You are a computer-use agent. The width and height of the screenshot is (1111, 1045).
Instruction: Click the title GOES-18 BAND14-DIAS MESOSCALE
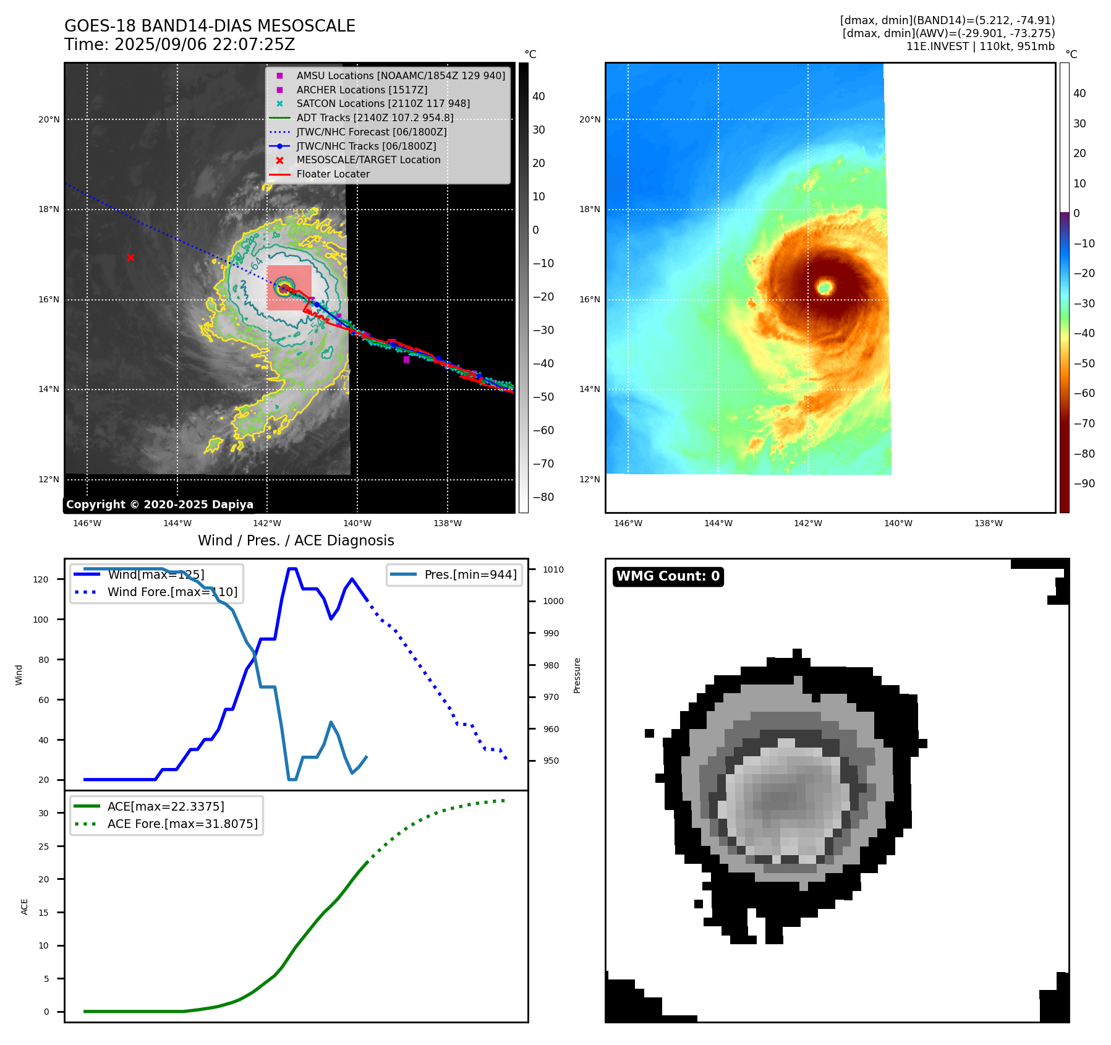(x=210, y=26)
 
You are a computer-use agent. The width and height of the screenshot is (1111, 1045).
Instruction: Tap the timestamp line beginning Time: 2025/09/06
(x=179, y=45)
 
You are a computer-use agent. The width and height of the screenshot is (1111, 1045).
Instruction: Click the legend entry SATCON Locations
(x=383, y=104)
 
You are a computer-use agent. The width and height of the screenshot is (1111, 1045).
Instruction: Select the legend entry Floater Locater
(x=333, y=174)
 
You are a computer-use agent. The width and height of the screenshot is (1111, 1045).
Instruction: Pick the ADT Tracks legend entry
(x=375, y=118)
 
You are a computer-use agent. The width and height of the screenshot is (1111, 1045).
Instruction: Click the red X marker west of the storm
(x=130, y=258)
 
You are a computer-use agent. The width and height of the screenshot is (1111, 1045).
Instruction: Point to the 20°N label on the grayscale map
(x=49, y=120)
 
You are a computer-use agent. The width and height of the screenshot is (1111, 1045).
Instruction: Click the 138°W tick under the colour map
(x=988, y=524)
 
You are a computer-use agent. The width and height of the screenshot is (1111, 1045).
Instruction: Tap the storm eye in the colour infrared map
(x=825, y=287)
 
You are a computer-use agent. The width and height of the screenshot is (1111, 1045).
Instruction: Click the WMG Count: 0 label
(x=668, y=576)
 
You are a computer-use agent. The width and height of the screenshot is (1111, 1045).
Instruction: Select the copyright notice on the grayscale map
(x=160, y=505)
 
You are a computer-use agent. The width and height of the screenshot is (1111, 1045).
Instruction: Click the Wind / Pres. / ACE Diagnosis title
(x=296, y=540)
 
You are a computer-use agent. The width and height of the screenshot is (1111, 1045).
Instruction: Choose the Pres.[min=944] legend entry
(x=470, y=574)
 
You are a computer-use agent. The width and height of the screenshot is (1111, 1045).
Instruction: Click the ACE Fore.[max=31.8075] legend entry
(x=182, y=824)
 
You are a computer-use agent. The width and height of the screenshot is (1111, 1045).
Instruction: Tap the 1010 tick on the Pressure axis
(x=553, y=569)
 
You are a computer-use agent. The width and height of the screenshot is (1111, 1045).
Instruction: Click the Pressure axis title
(x=577, y=675)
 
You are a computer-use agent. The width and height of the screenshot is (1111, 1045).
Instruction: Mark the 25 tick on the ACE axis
(x=43, y=847)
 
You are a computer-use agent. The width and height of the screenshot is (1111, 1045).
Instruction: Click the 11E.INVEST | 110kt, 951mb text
(x=980, y=46)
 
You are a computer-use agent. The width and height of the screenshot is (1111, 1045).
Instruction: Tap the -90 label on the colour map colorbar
(x=1084, y=484)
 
